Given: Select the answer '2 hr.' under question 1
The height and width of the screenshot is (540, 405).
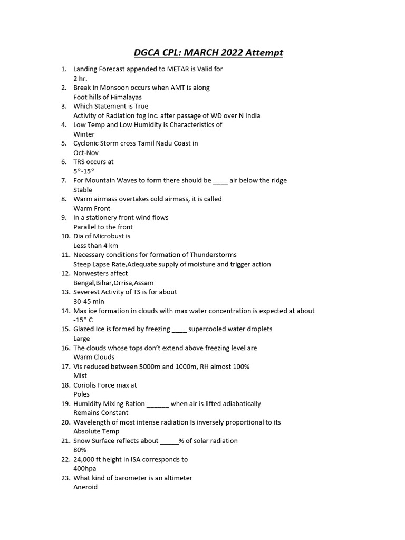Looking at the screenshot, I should (80, 79).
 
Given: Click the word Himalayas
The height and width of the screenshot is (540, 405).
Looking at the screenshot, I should (123, 97).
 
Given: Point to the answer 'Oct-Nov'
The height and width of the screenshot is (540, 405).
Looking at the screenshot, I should (86, 153).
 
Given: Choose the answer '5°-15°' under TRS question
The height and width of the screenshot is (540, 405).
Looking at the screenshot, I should (84, 171).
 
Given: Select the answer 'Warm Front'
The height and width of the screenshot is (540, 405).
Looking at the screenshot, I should (92, 208).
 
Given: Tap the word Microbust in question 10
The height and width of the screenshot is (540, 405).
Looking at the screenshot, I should (103, 236).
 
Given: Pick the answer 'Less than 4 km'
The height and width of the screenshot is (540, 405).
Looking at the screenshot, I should (96, 246).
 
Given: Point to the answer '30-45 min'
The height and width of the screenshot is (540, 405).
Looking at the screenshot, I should (89, 301).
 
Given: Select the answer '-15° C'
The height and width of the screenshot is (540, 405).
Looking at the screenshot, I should (83, 320).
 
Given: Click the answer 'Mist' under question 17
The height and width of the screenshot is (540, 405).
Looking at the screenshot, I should (80, 375).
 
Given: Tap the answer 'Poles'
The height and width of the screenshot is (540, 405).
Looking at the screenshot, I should (82, 394).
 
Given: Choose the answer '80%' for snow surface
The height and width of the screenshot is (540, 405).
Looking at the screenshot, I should (80, 450).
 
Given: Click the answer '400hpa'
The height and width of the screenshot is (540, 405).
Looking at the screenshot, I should (85, 468).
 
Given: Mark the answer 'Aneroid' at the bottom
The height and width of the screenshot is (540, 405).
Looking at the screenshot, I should (85, 487).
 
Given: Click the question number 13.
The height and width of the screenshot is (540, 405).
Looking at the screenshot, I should (65, 292).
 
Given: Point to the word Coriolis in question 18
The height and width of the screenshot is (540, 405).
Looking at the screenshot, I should (85, 385).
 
